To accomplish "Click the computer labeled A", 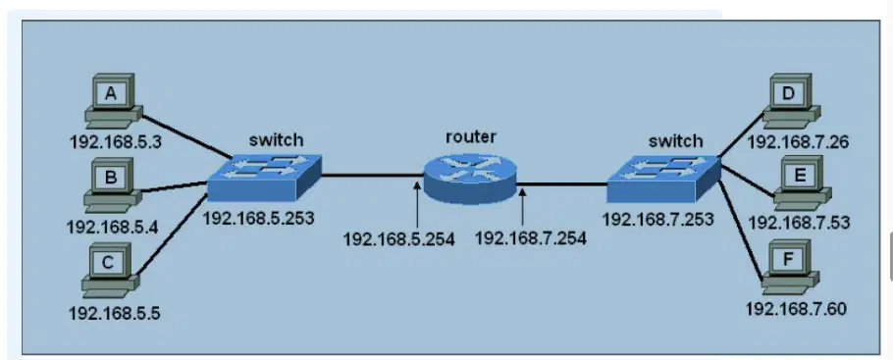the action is pyautogui.click(x=114, y=102).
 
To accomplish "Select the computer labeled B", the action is pyautogui.click(x=113, y=185).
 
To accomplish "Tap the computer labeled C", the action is pyautogui.click(x=111, y=270).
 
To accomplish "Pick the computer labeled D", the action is pyautogui.click(x=791, y=101).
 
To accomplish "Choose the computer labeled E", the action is pyautogui.click(x=803, y=182).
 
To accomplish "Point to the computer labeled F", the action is pyautogui.click(x=791, y=268).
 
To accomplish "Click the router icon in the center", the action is pyautogui.click(x=470, y=178).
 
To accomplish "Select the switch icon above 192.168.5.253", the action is pyautogui.click(x=264, y=178).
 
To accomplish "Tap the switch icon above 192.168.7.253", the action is pyautogui.click(x=663, y=180).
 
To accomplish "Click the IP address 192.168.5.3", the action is pyautogui.click(x=116, y=140).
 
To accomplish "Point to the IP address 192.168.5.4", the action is pyautogui.click(x=112, y=227).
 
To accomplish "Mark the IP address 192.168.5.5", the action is pyautogui.click(x=115, y=312).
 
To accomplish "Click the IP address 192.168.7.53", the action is pyautogui.click(x=799, y=223).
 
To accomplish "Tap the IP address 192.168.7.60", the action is pyautogui.click(x=796, y=309).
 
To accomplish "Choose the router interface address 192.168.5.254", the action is pyautogui.click(x=398, y=239).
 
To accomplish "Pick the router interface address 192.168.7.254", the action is pyautogui.click(x=531, y=237).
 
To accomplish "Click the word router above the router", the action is pyautogui.click(x=470, y=136).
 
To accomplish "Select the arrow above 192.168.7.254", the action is pyautogui.click(x=522, y=206).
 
